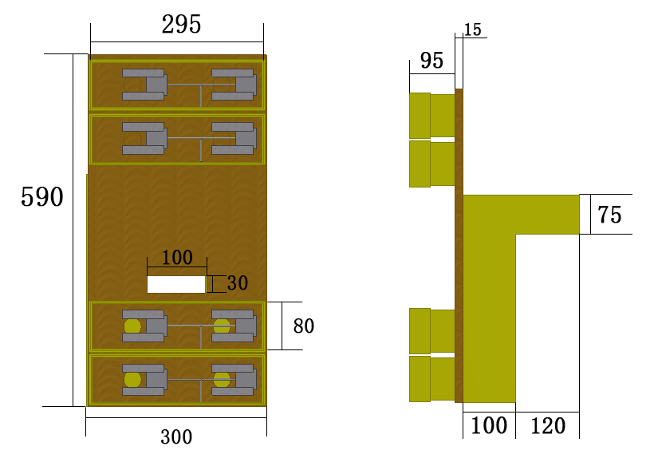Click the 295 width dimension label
click(x=181, y=25)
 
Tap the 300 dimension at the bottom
click(x=176, y=436)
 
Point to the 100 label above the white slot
click(x=177, y=258)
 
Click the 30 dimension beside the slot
click(x=238, y=283)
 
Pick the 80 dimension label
click(x=304, y=326)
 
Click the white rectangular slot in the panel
click(x=176, y=284)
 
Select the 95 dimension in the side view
click(x=431, y=61)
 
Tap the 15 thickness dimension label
click(x=472, y=30)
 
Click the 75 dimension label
click(x=609, y=215)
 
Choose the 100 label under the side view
click(x=489, y=426)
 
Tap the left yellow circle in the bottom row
click(x=132, y=379)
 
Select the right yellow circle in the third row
click(x=222, y=326)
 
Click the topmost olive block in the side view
click(x=431, y=115)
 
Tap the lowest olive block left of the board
click(x=431, y=379)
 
